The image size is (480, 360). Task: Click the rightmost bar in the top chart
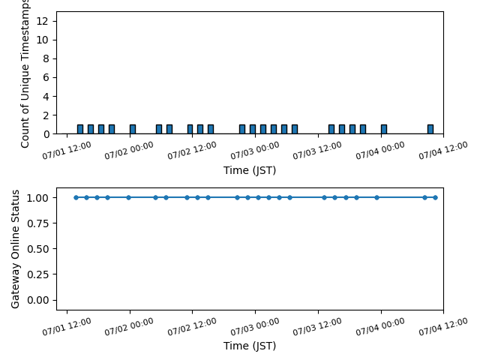tap(430, 129)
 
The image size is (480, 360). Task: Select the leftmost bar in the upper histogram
tap(80, 129)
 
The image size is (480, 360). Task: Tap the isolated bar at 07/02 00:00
tap(133, 129)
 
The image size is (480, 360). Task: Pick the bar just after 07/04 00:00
tap(384, 129)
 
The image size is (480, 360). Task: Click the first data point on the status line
tap(76, 197)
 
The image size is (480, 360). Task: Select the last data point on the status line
tap(435, 197)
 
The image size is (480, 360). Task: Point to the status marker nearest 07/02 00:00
tap(128, 197)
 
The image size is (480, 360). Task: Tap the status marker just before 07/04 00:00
tap(376, 197)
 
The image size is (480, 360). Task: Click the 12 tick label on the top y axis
tap(42, 21)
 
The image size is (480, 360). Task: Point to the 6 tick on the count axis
tap(46, 77)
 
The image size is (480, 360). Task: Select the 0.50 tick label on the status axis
tap(37, 249)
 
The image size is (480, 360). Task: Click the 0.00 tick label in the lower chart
tap(37, 300)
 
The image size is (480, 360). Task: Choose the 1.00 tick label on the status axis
tap(37, 198)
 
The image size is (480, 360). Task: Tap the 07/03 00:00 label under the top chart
tap(255, 150)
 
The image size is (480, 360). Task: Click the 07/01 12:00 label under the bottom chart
tap(67, 327)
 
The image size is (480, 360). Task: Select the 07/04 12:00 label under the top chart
tap(443, 150)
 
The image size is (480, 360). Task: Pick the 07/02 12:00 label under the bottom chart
tap(192, 327)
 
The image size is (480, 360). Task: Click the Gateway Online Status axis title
tap(15, 249)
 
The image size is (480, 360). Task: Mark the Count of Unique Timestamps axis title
tap(25, 73)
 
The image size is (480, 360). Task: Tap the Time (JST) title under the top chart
tap(250, 170)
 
